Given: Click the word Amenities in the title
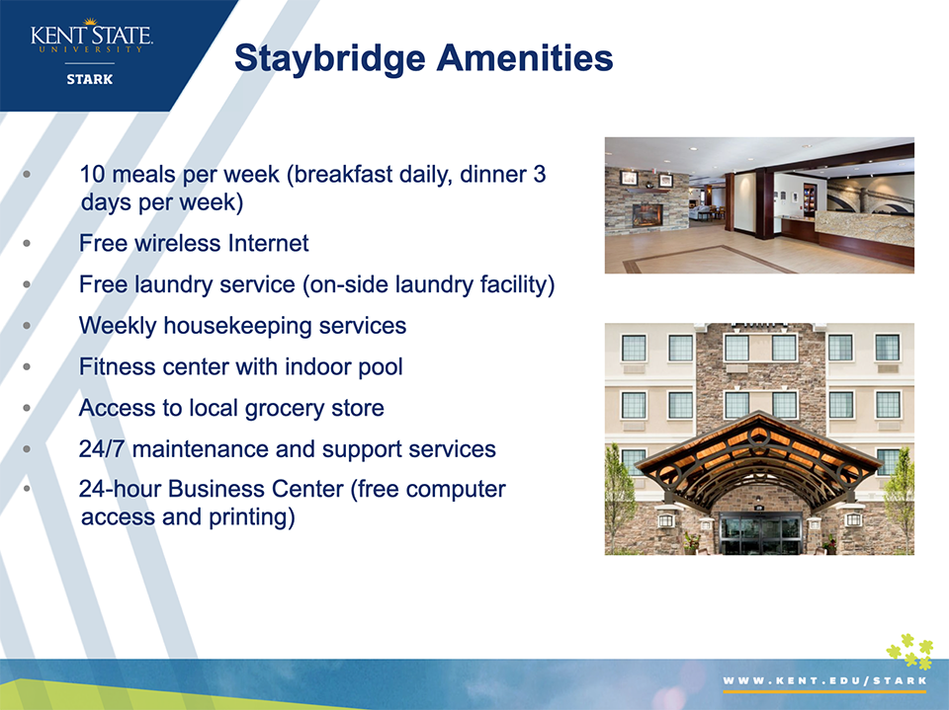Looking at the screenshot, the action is tap(525, 57).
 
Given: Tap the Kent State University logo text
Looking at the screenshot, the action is tap(91, 37).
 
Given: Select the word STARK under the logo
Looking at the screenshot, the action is tap(90, 79).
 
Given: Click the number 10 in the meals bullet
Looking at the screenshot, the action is tap(93, 174).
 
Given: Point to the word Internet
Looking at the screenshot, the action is tap(268, 243).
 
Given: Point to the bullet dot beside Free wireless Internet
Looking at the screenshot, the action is tap(27, 244).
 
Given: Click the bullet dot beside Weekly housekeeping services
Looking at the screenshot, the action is tap(27, 326).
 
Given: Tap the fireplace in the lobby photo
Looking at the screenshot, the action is tap(647, 215).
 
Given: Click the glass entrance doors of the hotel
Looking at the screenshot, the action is tap(760, 534).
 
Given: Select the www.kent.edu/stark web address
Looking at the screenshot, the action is tap(824, 681).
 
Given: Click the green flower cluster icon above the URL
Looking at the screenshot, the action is tap(909, 652).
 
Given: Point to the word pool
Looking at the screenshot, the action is tap(380, 367).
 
